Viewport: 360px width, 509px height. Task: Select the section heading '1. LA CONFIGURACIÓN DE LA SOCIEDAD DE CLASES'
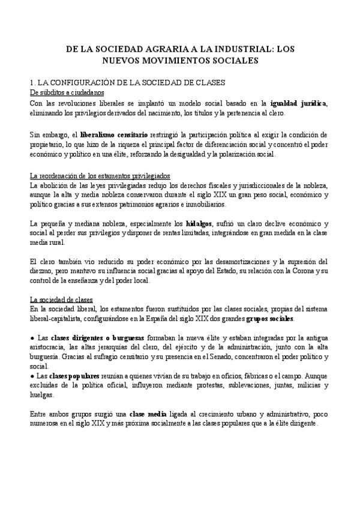(127, 83)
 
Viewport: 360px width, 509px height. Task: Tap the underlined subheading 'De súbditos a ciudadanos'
(67, 92)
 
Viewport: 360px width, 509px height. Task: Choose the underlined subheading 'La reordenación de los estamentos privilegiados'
(100, 176)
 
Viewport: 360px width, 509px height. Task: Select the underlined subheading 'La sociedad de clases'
(61, 300)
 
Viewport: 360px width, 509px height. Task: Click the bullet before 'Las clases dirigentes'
(32, 338)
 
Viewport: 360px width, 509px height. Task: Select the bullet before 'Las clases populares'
(32, 376)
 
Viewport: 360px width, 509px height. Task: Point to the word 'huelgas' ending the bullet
(41, 395)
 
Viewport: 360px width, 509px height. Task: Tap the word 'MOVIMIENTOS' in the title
(175, 60)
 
